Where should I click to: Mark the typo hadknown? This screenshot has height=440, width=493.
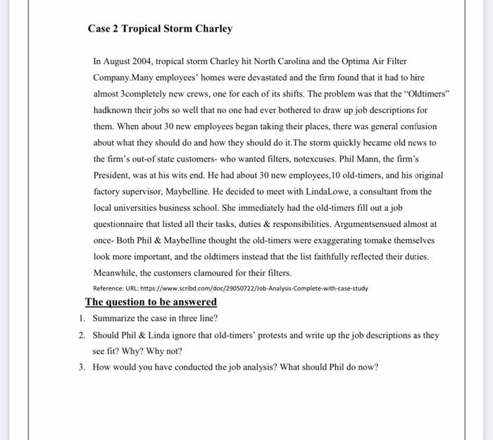[x=113, y=110]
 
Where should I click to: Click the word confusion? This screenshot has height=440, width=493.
[x=416, y=126]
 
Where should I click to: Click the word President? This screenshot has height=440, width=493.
[x=114, y=175]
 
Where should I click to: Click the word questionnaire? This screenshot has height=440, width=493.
[x=121, y=224]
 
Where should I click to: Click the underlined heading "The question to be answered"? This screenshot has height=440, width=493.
[x=151, y=302]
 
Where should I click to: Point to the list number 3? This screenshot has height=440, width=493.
[x=82, y=367]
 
